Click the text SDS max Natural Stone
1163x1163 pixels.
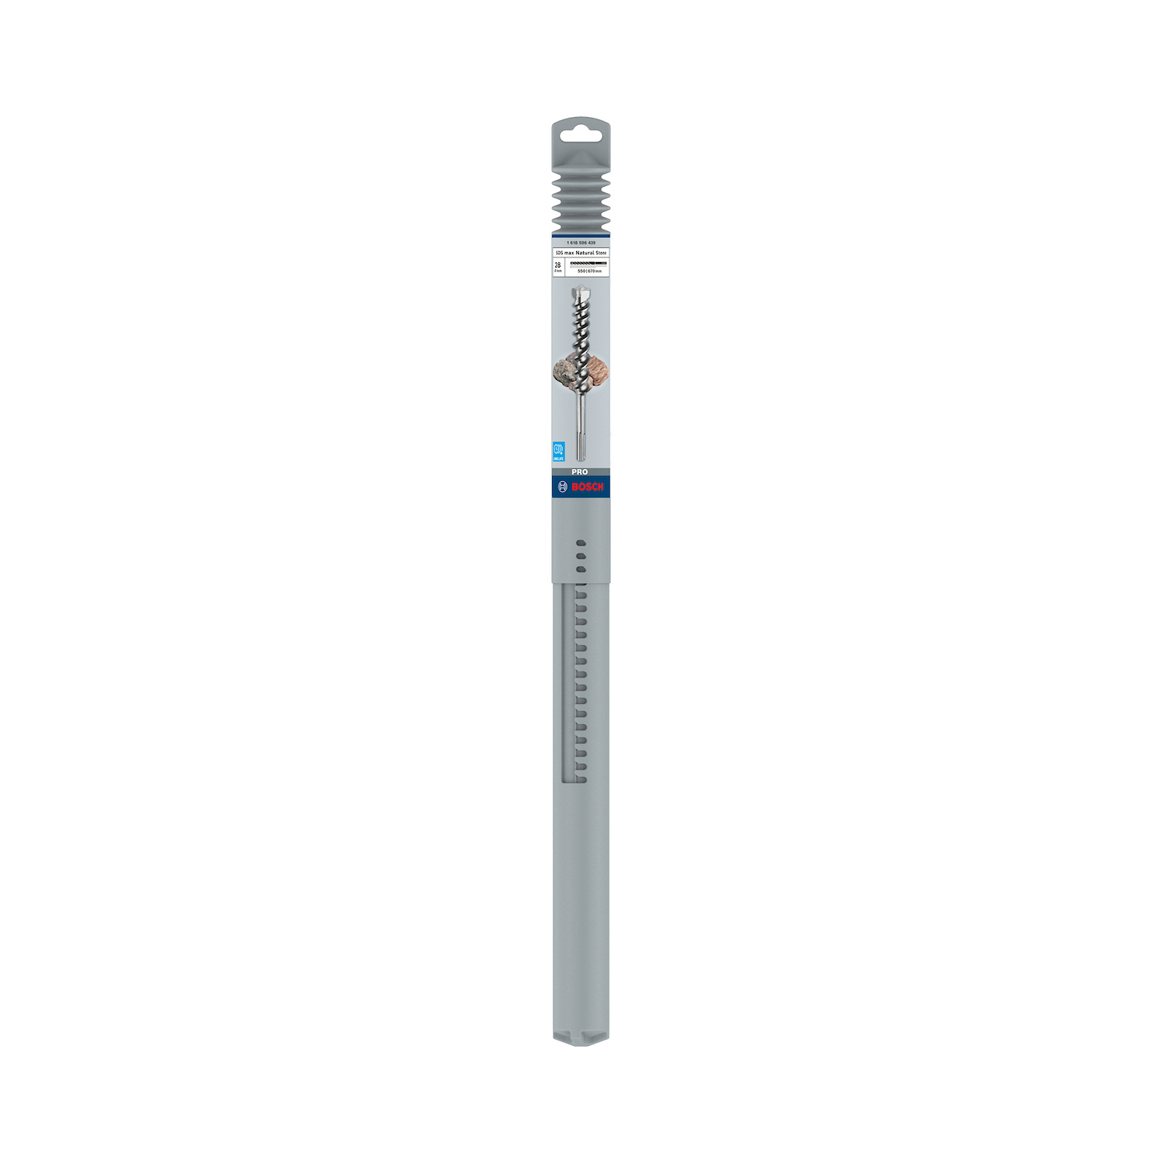coord(581,253)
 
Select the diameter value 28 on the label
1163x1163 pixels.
coord(557,264)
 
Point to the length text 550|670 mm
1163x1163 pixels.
coord(589,271)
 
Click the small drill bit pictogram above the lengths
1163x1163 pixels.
coord(588,264)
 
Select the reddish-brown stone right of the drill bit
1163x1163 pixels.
coord(598,370)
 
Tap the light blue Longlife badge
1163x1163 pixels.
coord(557,451)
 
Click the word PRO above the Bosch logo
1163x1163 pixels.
coord(580,471)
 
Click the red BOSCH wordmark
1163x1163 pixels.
coord(587,487)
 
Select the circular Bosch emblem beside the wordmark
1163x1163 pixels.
coord(563,487)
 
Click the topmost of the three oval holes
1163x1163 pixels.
coord(581,543)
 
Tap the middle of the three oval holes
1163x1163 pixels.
coord(581,556)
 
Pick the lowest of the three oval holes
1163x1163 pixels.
coord(581,569)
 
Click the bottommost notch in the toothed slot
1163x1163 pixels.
coord(581,778)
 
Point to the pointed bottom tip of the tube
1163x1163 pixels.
coord(581,1043)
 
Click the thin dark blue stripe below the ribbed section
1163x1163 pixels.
coord(581,235)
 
